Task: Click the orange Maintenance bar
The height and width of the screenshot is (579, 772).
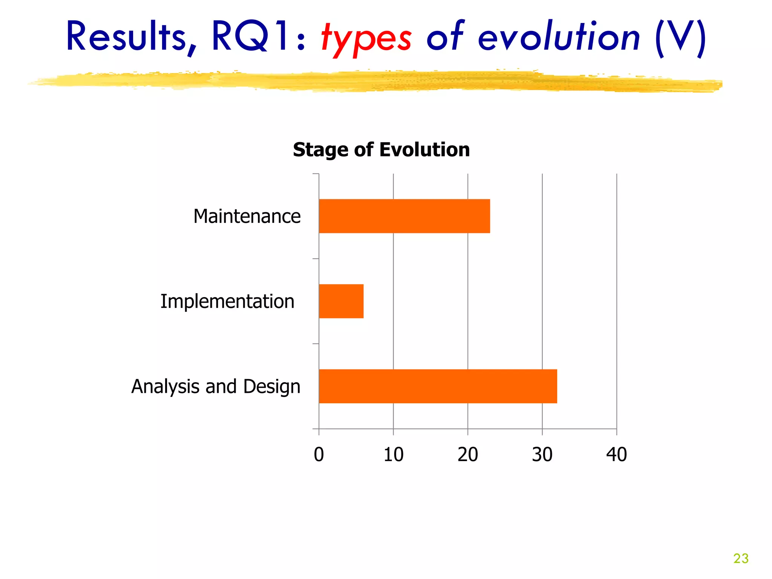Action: (x=404, y=216)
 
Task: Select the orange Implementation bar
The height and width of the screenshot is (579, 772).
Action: (x=341, y=301)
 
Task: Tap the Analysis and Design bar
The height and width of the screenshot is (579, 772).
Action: (x=438, y=386)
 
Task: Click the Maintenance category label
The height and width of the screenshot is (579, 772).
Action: (x=247, y=216)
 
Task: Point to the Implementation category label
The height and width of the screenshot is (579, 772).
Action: (x=227, y=302)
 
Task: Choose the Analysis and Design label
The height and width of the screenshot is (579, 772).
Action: (x=216, y=387)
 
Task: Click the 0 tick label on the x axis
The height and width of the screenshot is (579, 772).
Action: (x=319, y=454)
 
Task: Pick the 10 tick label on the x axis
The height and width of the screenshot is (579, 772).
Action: (x=393, y=454)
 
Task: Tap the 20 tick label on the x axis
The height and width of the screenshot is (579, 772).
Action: (x=468, y=454)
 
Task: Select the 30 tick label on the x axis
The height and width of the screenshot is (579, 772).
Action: (x=542, y=454)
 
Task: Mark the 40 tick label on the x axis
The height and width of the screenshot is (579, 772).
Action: (x=617, y=454)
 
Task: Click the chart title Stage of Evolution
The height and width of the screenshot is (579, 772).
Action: (x=381, y=150)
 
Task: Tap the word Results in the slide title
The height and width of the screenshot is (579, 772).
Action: (x=126, y=37)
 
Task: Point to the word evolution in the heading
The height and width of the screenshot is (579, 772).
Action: (x=559, y=37)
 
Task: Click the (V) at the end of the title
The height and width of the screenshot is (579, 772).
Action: (x=680, y=38)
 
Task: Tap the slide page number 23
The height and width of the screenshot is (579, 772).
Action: (x=741, y=558)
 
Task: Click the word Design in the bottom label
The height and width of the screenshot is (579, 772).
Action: (x=272, y=387)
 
